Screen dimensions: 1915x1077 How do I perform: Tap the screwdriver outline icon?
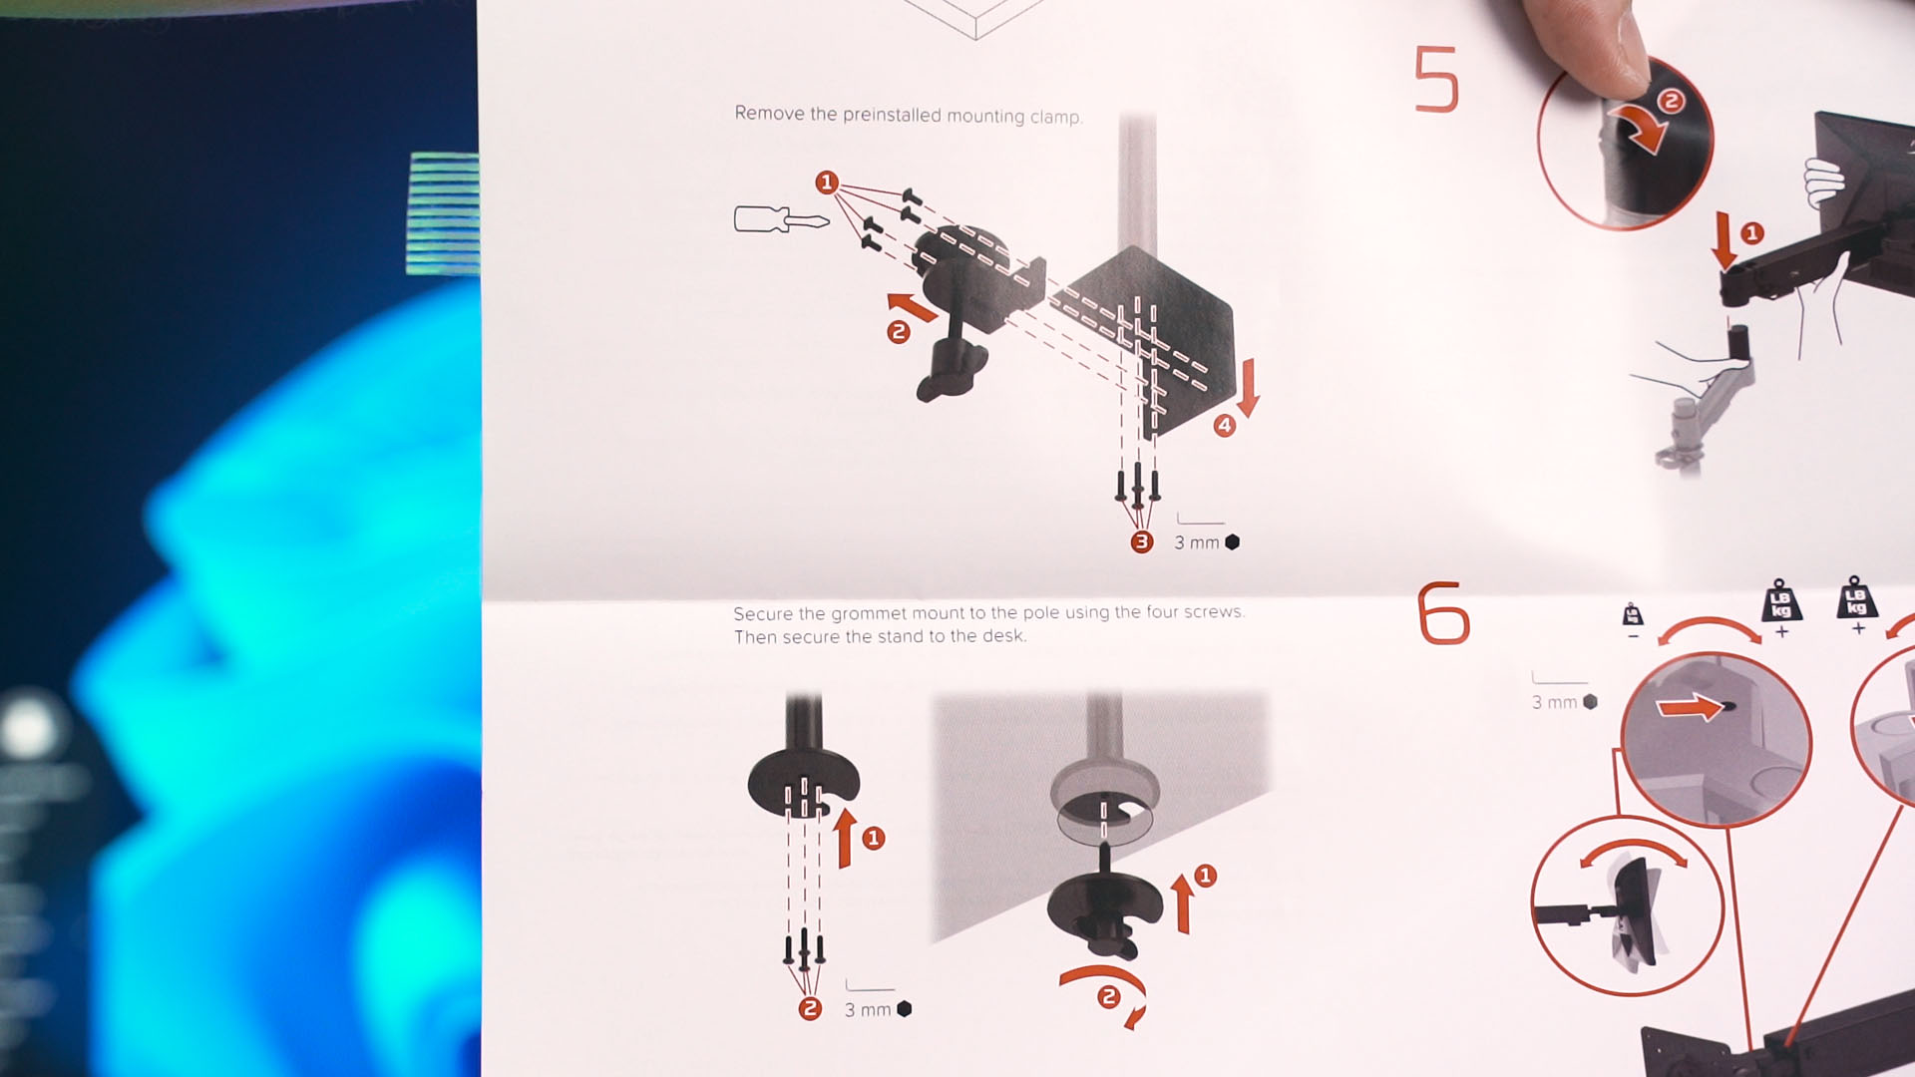click(781, 218)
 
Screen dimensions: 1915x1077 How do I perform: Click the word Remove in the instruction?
click(769, 113)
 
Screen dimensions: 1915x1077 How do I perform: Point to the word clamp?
click(1056, 117)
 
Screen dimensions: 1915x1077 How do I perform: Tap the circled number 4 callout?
click(1225, 426)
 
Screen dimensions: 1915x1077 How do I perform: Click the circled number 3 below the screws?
click(1142, 541)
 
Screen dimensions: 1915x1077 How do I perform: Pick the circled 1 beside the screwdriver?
click(826, 182)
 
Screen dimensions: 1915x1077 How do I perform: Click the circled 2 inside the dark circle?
click(1671, 101)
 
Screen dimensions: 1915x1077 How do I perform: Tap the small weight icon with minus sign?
click(1633, 619)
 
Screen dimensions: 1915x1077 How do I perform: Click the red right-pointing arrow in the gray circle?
click(1690, 707)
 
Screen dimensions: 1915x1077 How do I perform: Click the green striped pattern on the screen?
click(444, 213)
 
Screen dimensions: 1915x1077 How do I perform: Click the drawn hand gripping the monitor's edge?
click(1823, 182)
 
